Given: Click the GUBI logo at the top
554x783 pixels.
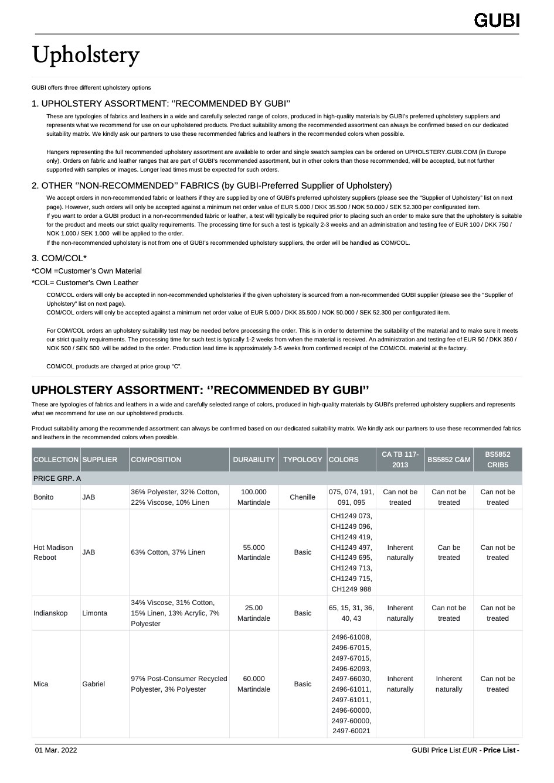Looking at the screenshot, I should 497,20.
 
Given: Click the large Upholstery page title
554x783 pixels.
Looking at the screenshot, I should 86,55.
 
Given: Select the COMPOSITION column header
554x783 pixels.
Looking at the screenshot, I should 156,460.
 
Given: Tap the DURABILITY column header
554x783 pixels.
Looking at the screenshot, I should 253,460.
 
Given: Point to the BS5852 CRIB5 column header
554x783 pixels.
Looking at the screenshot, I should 497,460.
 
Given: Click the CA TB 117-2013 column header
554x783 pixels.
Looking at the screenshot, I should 400,460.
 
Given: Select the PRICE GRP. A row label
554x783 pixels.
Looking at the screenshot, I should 57,478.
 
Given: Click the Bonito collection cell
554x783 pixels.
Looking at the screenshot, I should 43,497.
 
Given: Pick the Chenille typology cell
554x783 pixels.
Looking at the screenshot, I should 303,497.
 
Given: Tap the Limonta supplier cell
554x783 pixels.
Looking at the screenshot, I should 94,613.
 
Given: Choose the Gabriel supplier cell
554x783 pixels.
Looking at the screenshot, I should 94,684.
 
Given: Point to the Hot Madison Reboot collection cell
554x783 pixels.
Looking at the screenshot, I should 53,552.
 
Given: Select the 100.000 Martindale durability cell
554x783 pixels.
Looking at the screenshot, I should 253,497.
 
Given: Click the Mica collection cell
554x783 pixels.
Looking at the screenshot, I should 41,684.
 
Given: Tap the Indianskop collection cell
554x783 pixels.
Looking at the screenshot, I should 50,613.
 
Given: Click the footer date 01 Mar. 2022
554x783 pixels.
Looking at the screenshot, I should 56,750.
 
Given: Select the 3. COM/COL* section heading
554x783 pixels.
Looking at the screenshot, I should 59,258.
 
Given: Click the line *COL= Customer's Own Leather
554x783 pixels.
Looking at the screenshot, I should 85,283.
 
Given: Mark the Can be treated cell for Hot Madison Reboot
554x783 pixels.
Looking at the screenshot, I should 448,552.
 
